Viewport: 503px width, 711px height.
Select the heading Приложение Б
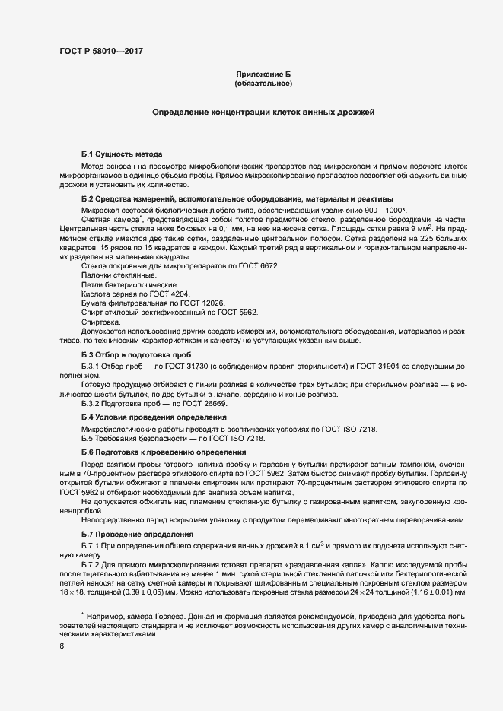click(263, 74)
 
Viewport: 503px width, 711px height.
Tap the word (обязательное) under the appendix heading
click(263, 83)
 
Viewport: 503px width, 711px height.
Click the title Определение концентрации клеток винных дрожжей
click(263, 113)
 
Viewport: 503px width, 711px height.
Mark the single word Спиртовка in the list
click(100, 322)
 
